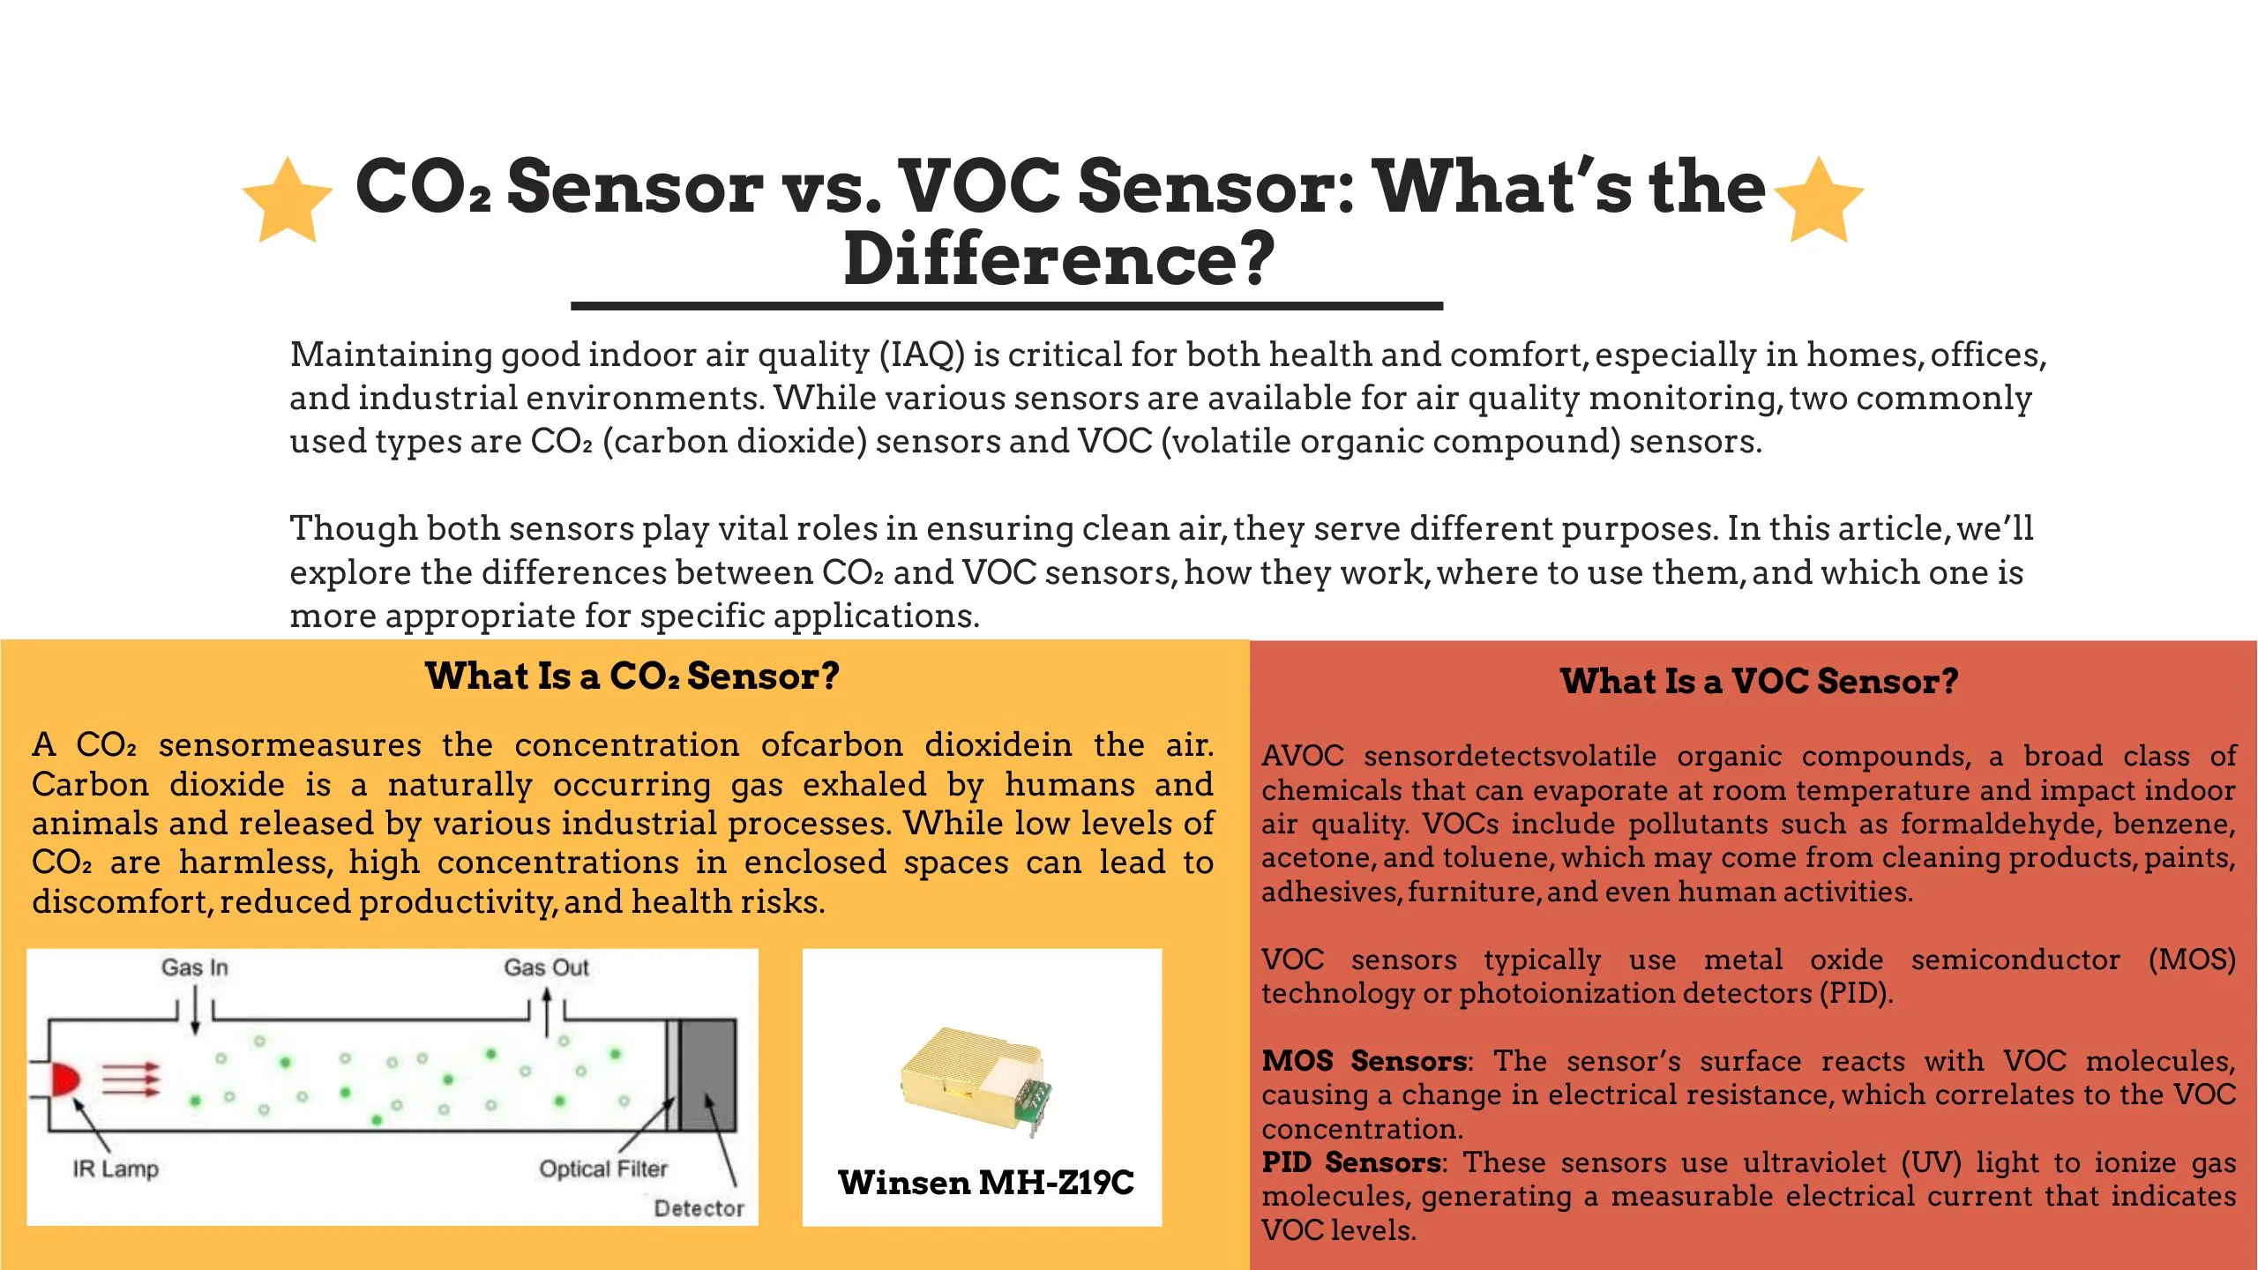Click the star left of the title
[x=288, y=200]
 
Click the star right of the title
[x=1819, y=200]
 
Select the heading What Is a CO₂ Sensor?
[x=632, y=676]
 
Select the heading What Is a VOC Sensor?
[x=1760, y=681]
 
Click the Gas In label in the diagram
[x=195, y=967]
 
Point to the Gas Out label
[x=546, y=967]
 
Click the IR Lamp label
[x=116, y=1169]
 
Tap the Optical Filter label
[x=603, y=1169]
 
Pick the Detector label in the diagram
[x=699, y=1208]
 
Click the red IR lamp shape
[x=65, y=1079]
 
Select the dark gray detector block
[x=707, y=1075]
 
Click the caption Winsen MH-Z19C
[x=986, y=1183]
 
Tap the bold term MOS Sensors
[x=1364, y=1061]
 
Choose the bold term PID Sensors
[x=1351, y=1162]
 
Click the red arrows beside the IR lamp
[x=131, y=1079]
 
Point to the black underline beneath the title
[x=1006, y=306]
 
